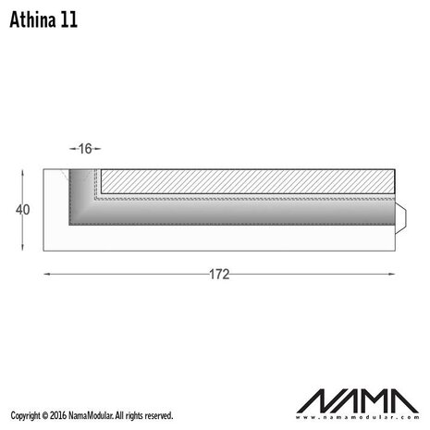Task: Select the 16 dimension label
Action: (85, 148)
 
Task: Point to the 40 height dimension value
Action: (23, 210)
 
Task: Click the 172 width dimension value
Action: (219, 275)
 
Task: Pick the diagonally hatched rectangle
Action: (247, 180)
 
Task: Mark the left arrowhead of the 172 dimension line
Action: (47, 275)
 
